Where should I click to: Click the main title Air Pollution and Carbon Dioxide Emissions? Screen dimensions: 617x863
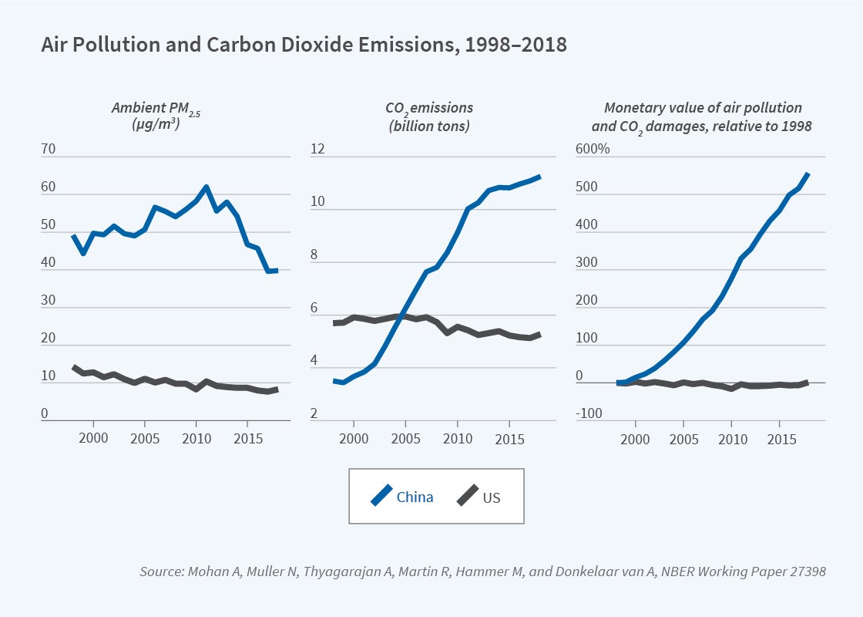(x=304, y=46)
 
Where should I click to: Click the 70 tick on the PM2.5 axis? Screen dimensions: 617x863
(x=49, y=150)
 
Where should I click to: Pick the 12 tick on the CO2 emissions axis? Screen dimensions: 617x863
(x=317, y=150)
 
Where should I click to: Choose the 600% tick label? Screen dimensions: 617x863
(x=593, y=150)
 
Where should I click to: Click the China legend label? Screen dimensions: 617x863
(x=415, y=497)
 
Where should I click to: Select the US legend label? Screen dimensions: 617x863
(x=491, y=497)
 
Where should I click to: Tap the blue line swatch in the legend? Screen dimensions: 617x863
(x=381, y=496)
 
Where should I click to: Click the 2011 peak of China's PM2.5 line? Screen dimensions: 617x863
(x=206, y=187)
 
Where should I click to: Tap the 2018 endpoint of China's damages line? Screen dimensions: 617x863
(x=808, y=174)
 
